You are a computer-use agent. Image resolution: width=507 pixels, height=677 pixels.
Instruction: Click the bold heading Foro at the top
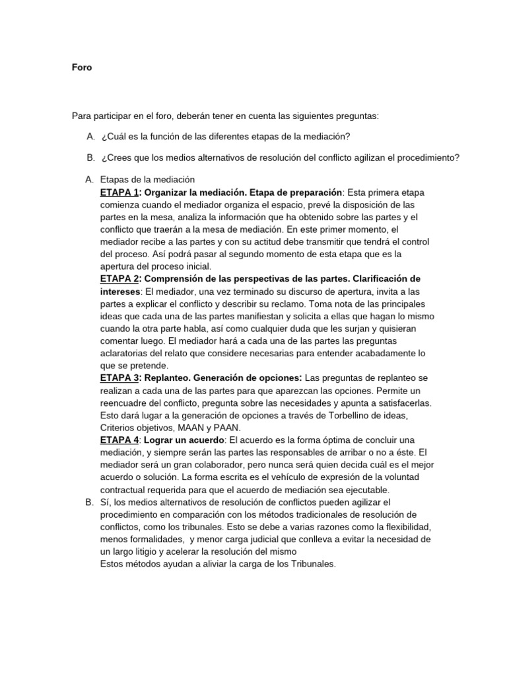coord(82,67)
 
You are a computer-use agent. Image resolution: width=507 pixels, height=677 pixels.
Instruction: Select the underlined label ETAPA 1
coord(119,192)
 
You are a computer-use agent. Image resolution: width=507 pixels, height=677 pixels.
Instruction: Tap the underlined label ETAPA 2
coord(119,279)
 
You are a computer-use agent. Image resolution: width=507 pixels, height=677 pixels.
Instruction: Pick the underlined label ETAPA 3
coord(119,378)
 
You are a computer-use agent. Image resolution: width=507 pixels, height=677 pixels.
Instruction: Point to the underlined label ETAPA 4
coord(119,440)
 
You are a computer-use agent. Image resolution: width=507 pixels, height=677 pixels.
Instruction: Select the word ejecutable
coord(367,489)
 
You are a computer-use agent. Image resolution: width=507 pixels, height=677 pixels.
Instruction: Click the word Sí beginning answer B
coord(105,502)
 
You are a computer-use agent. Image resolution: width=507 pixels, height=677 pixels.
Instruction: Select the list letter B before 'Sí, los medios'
coord(89,502)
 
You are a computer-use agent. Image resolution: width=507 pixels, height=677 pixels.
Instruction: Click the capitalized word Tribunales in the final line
coord(304,564)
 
